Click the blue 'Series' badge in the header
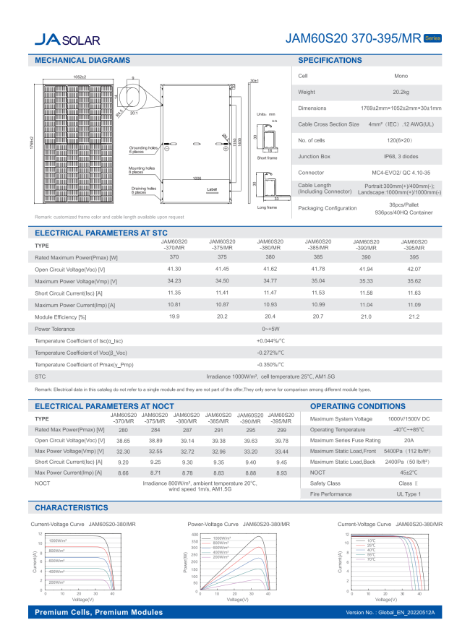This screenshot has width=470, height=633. click(432, 38)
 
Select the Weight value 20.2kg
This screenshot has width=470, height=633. click(401, 92)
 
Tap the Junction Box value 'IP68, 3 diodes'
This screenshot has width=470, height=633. click(401, 156)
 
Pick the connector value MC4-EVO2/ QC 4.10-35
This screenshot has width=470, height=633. click(401, 173)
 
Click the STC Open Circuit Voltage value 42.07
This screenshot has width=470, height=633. click(414, 269)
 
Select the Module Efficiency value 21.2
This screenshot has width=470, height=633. click(414, 317)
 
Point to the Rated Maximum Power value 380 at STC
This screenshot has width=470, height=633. click(270, 257)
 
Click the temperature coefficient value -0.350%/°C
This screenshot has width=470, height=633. click(270, 365)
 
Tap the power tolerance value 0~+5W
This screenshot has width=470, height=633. click(270, 329)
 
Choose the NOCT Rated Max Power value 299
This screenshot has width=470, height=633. click(282, 430)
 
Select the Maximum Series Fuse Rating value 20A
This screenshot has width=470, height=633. click(409, 440)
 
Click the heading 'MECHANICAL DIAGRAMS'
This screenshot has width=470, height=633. click(82, 61)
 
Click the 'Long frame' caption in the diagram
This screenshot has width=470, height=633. click(266, 207)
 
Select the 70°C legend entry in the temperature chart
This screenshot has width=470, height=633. click(371, 559)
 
